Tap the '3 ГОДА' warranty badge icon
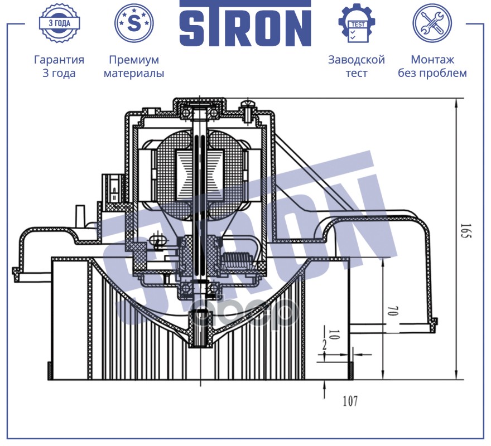tap(59, 23)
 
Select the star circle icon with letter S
tap(134, 23)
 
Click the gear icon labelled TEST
tap(357, 23)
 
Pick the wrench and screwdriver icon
tap(432, 23)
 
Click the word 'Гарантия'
tap(59, 60)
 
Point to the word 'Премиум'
tap(134, 60)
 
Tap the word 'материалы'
tap(134, 73)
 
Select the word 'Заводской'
tap(357, 60)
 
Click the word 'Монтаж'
tap(432, 60)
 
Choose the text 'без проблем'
tap(432, 73)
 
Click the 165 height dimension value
tap(466, 231)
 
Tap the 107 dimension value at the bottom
tap(350, 400)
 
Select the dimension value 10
tap(334, 334)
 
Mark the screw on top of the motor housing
tap(247, 111)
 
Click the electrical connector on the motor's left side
tap(114, 191)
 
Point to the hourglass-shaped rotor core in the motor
tap(200, 175)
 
